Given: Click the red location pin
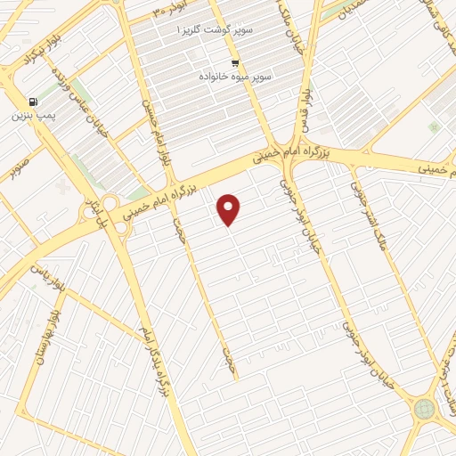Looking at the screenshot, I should click(230, 209).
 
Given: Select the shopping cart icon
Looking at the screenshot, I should click(235, 62).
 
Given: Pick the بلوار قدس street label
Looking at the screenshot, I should click(308, 111).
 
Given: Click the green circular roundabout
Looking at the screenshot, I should click(424, 409).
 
